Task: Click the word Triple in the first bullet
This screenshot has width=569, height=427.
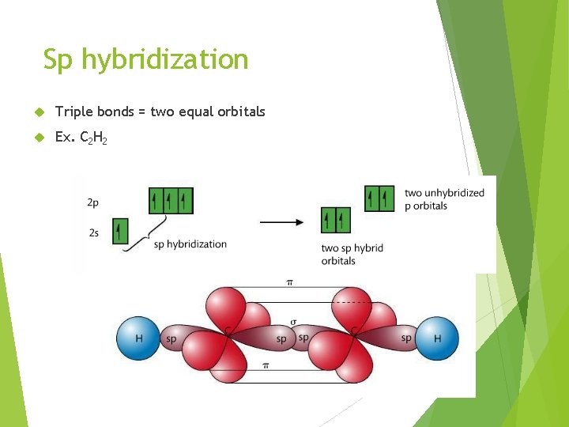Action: (72, 111)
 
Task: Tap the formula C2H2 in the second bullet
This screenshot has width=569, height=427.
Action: (94, 138)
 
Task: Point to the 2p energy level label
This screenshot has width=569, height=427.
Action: (93, 202)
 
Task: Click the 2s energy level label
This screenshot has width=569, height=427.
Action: (93, 232)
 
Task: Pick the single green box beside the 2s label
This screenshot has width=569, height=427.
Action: (120, 232)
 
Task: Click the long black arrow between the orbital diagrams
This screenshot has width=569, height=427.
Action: (282, 222)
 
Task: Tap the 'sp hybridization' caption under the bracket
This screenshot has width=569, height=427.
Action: (190, 244)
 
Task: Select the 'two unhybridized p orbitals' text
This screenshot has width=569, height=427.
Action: (444, 199)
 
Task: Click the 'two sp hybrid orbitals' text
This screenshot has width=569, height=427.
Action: (352, 254)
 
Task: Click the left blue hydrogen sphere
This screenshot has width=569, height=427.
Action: (138, 338)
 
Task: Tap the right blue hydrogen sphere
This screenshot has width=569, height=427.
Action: (437, 338)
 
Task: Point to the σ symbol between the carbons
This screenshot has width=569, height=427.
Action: (293, 322)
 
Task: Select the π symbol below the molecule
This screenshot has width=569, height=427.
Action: (266, 365)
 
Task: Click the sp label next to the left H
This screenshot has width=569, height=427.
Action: (171, 339)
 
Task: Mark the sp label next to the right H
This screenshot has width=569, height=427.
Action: (405, 338)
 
